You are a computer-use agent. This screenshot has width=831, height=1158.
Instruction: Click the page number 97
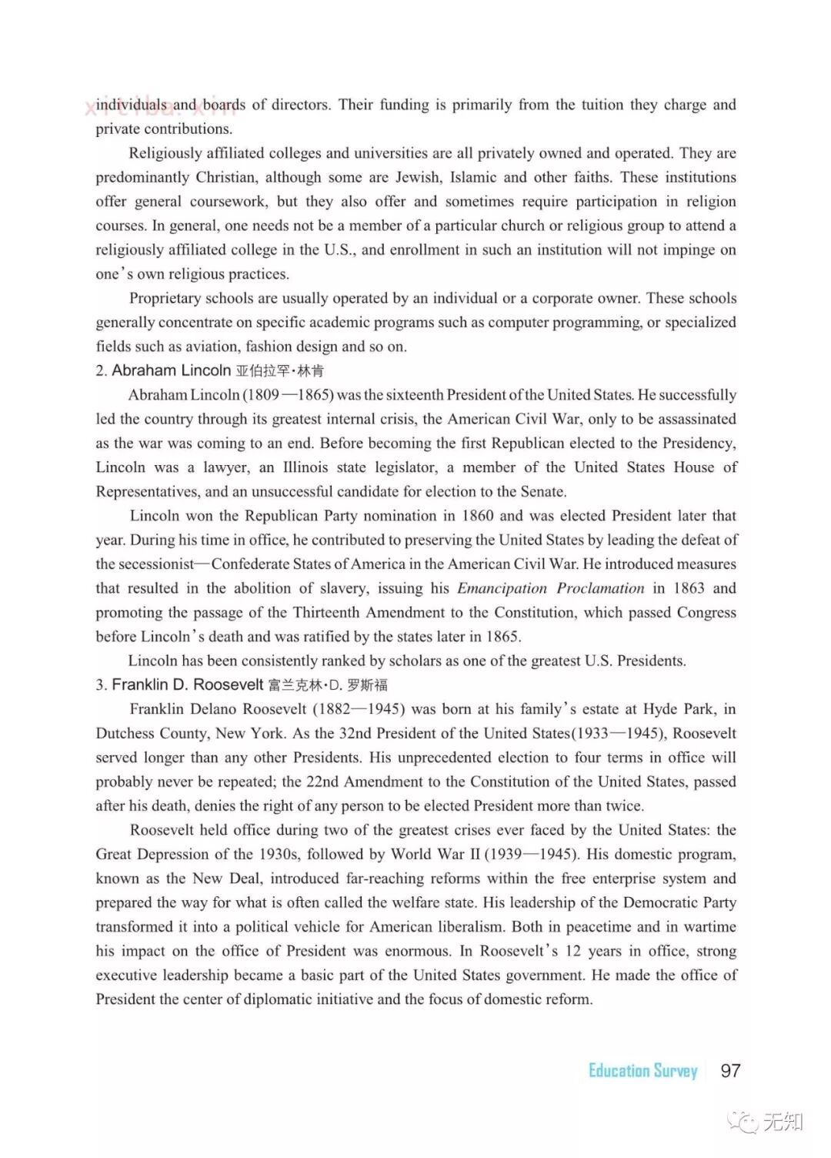730,1070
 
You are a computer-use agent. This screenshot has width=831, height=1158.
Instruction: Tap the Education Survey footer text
642,1070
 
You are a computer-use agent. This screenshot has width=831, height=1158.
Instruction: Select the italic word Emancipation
502,588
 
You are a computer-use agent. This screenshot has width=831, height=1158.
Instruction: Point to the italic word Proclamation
600,588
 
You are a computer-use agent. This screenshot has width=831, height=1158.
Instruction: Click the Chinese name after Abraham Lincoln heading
280,371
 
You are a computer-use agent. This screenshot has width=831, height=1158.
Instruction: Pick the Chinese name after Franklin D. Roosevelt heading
329,685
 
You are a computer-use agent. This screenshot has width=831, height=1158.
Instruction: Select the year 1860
479,516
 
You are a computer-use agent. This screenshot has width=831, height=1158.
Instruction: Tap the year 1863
689,588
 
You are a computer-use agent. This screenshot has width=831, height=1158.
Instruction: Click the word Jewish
418,177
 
